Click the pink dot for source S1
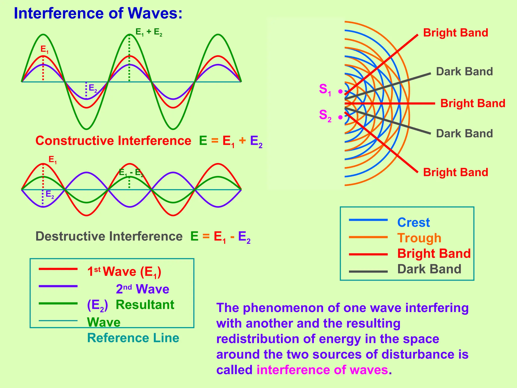pyautogui.click(x=341, y=91)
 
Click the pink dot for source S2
pyautogui.click(x=341, y=117)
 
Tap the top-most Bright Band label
pyautogui.click(x=455, y=33)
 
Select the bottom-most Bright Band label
pyautogui.click(x=455, y=172)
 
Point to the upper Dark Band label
pyautogui.click(x=464, y=71)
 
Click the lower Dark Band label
pyautogui.click(x=464, y=133)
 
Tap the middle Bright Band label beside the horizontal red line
pyautogui.click(x=473, y=103)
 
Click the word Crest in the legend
pyautogui.click(x=413, y=223)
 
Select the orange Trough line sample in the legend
pyautogui.click(x=368, y=237)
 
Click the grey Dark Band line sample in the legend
pyautogui.click(x=368, y=272)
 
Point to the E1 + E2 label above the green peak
pyautogui.click(x=149, y=32)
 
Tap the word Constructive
pyautogui.click(x=75, y=141)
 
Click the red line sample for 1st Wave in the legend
pyautogui.click(x=58, y=269)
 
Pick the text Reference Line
pyautogui.click(x=133, y=338)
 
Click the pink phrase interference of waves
pyautogui.click(x=322, y=370)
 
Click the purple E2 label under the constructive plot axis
pyautogui.click(x=93, y=88)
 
